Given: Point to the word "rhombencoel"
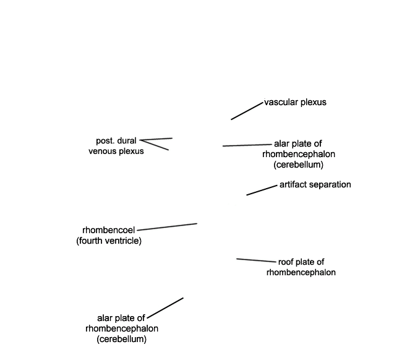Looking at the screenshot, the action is [x=108, y=230].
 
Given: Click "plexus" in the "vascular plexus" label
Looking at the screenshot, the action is [x=314, y=102].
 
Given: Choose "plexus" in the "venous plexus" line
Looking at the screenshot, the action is [x=131, y=152].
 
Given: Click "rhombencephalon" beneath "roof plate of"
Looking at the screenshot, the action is [x=301, y=272].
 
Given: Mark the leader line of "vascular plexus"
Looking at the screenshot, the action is [x=247, y=111].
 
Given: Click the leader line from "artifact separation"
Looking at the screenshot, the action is [x=262, y=190].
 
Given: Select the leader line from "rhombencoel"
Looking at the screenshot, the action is [x=167, y=227].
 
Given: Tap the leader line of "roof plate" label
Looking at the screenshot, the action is [x=257, y=260].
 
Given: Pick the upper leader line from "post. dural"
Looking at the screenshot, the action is [x=156, y=139].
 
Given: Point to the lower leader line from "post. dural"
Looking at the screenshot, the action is [x=154, y=145].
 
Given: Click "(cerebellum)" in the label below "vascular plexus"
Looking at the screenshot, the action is [x=299, y=165].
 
